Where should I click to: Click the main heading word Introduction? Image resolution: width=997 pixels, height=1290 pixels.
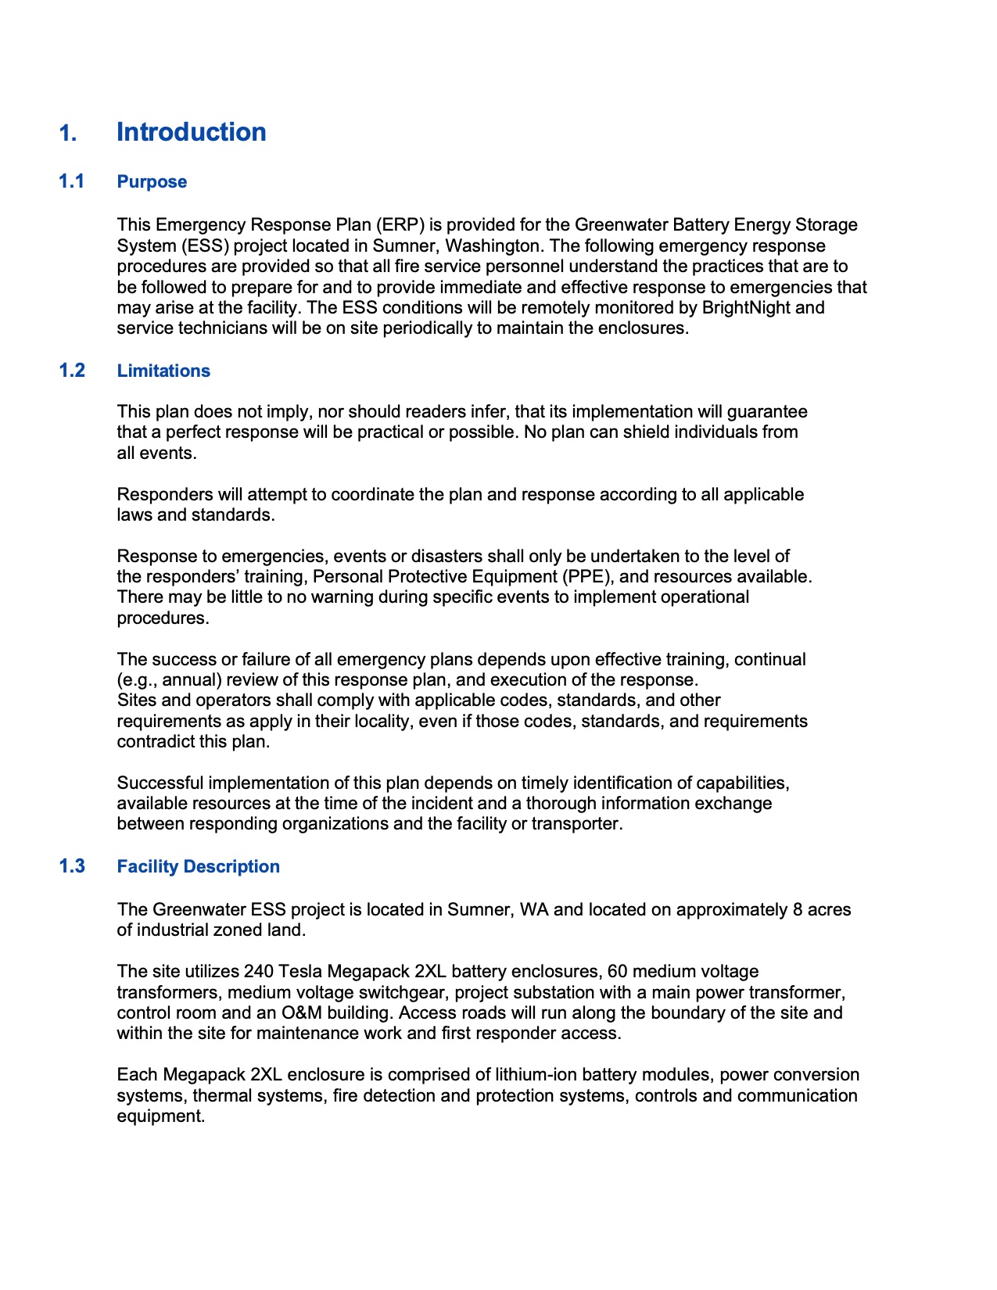pos(191,132)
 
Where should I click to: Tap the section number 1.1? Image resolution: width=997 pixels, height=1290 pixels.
pos(72,181)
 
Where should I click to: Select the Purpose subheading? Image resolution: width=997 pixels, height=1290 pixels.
pos(152,181)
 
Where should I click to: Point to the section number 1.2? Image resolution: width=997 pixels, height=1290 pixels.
pos(72,371)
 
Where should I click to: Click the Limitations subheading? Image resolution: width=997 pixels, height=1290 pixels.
pos(163,371)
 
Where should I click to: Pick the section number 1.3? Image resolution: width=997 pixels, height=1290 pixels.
pos(72,866)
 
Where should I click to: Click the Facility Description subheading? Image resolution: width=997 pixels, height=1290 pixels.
pos(198,866)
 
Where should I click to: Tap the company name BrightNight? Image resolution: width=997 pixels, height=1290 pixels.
pos(746,307)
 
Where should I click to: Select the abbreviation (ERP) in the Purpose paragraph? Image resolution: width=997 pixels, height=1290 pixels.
pos(399,225)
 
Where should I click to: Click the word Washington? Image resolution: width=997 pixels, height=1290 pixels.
pos(494,245)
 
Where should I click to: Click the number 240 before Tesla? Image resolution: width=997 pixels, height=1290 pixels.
pos(258,972)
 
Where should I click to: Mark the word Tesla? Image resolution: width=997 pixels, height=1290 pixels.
pos(299,972)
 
